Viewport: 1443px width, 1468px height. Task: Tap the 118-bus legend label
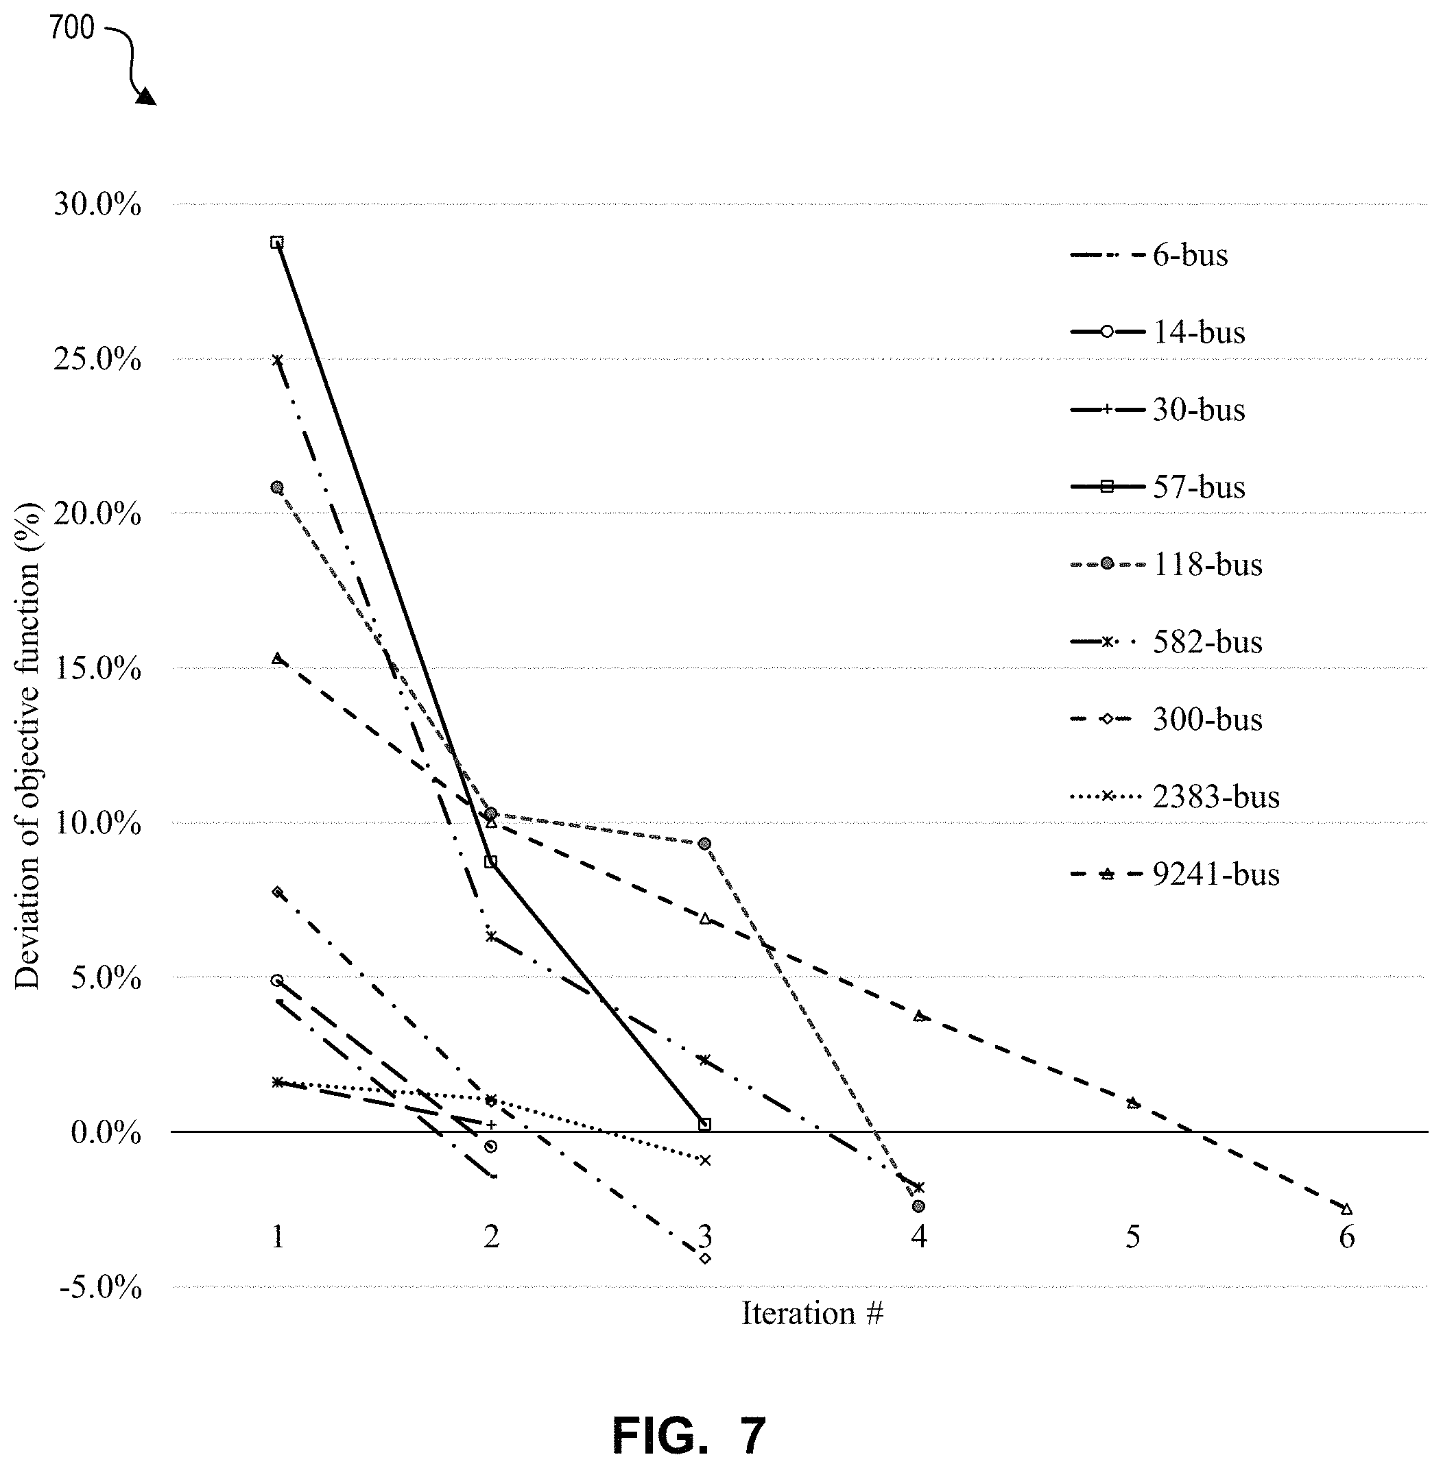(1207, 564)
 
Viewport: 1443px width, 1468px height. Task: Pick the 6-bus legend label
(1190, 255)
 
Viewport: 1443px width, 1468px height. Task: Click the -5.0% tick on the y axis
(97, 1287)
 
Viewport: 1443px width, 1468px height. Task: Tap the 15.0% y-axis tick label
(97, 669)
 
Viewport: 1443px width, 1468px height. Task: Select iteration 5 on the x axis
(1133, 1237)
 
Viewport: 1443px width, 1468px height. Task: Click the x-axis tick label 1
(278, 1237)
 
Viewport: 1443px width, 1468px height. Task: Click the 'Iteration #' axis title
(813, 1312)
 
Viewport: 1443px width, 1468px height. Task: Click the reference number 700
(72, 28)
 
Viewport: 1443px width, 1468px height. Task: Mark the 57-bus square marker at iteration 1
(277, 243)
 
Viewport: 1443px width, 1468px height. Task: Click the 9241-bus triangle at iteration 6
(1346, 1209)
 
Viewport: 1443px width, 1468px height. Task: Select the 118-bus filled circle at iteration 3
(705, 844)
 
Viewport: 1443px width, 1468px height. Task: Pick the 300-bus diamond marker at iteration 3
(706, 1259)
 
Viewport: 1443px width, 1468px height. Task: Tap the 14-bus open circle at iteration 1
(277, 980)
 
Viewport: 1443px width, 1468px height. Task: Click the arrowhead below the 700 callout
(146, 96)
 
